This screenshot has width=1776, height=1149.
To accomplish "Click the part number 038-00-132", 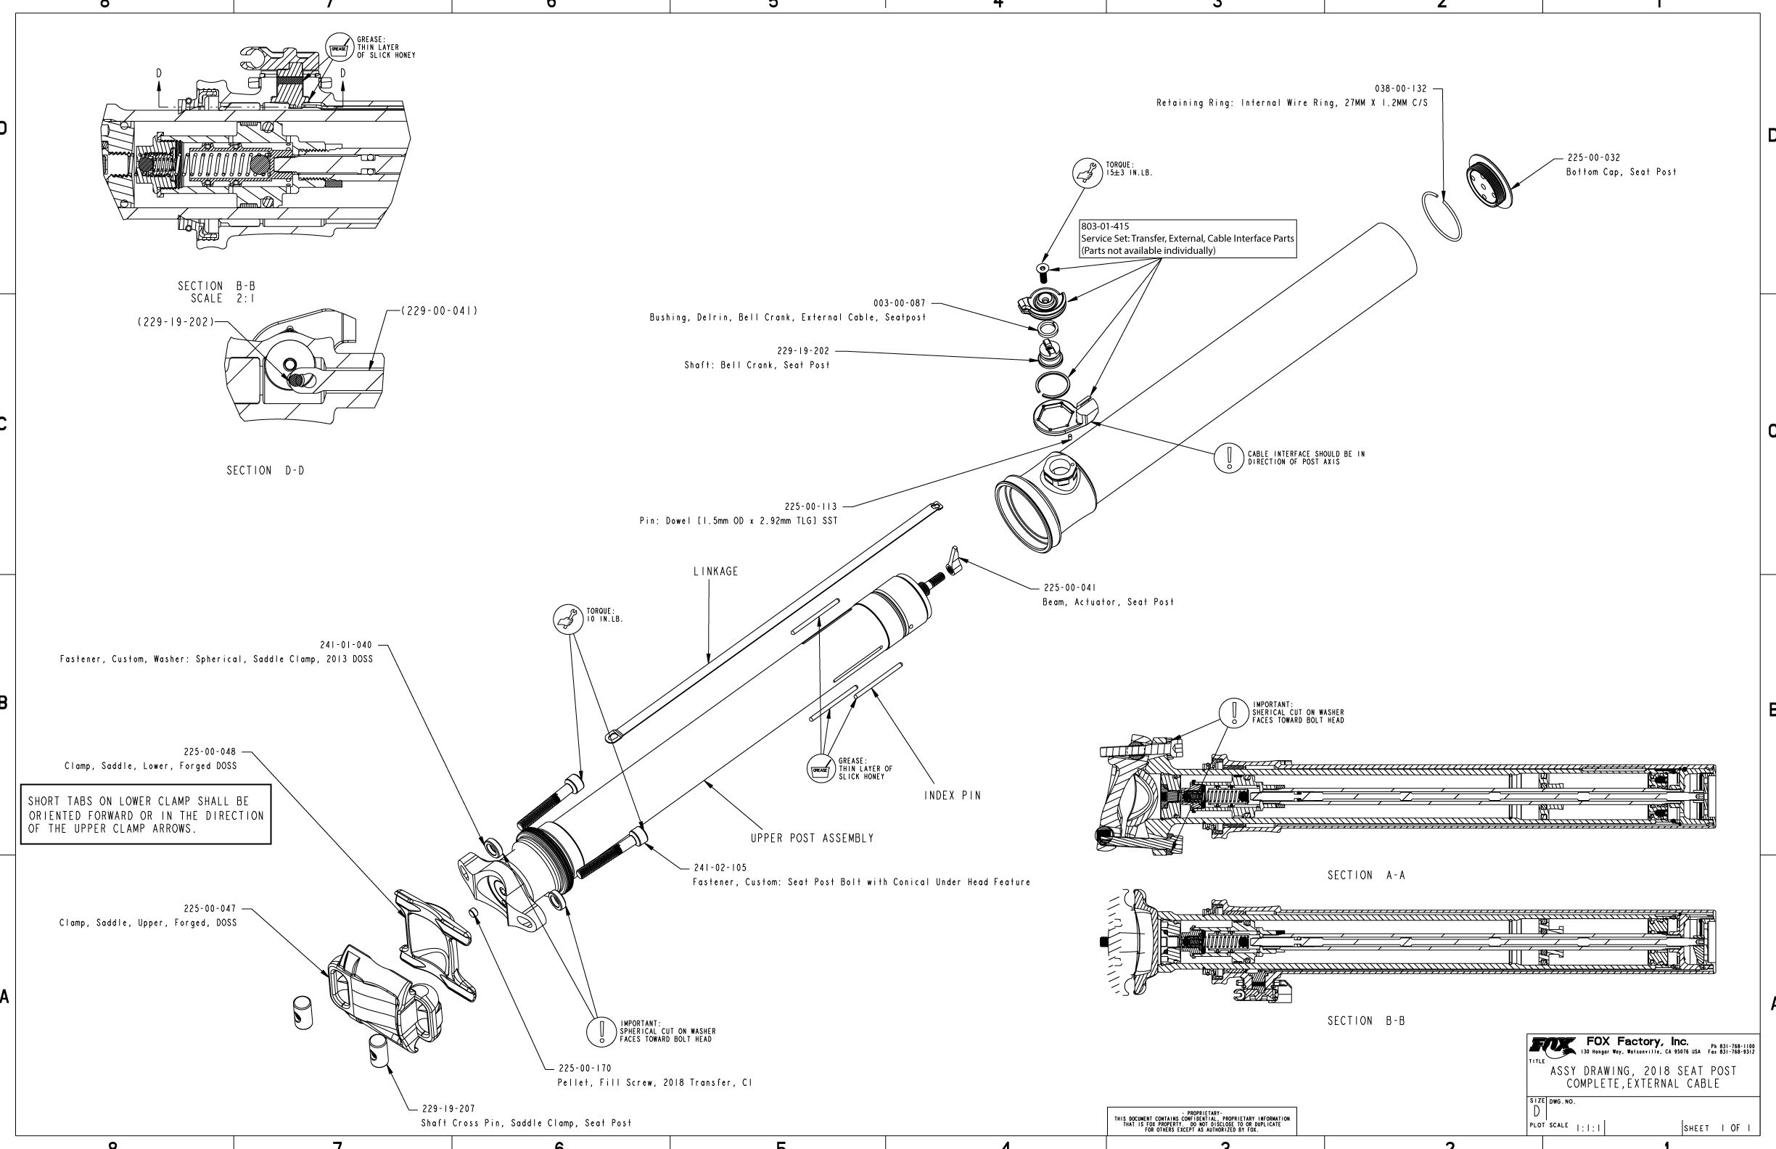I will [x=1400, y=88].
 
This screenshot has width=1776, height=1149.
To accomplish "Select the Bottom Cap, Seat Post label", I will [x=1621, y=173].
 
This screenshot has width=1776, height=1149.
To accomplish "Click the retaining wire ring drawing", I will [x=1442, y=215].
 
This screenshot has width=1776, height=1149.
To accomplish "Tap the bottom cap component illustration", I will [x=1489, y=181].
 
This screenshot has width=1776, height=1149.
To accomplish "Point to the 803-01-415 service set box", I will [x=1187, y=239].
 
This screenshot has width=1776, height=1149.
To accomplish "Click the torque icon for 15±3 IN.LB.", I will [x=1088, y=173].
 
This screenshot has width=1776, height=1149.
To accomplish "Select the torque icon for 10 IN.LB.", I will [x=567, y=619].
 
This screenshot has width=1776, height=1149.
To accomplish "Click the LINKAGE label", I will [x=715, y=572].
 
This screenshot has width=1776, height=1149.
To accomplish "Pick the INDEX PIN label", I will [x=952, y=795].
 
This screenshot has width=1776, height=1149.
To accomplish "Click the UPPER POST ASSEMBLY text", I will [x=812, y=839].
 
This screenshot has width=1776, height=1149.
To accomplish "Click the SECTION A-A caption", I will [x=1365, y=876].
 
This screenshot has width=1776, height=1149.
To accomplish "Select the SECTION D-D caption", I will [x=265, y=471].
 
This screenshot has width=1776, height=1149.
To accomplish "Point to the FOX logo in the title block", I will [x=1553, y=1045].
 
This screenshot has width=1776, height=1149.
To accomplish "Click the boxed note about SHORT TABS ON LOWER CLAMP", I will [x=146, y=815].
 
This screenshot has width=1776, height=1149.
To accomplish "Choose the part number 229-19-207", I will [x=448, y=1108].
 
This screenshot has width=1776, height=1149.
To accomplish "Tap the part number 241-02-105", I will [x=720, y=868].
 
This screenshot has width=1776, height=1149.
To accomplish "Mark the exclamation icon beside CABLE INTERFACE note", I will [x=1228, y=458].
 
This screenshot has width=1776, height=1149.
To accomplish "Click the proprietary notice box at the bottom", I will [x=1201, y=1120].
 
